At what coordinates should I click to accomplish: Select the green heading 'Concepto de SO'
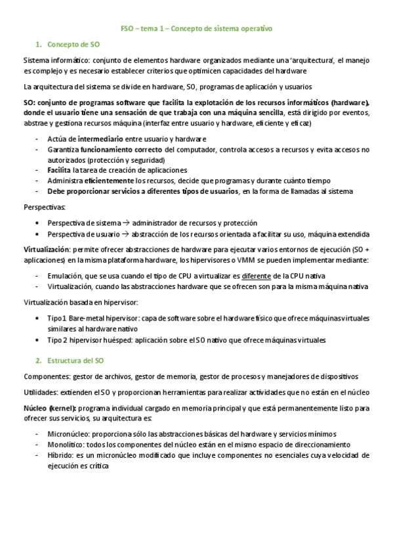pyautogui.click(x=73, y=45)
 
